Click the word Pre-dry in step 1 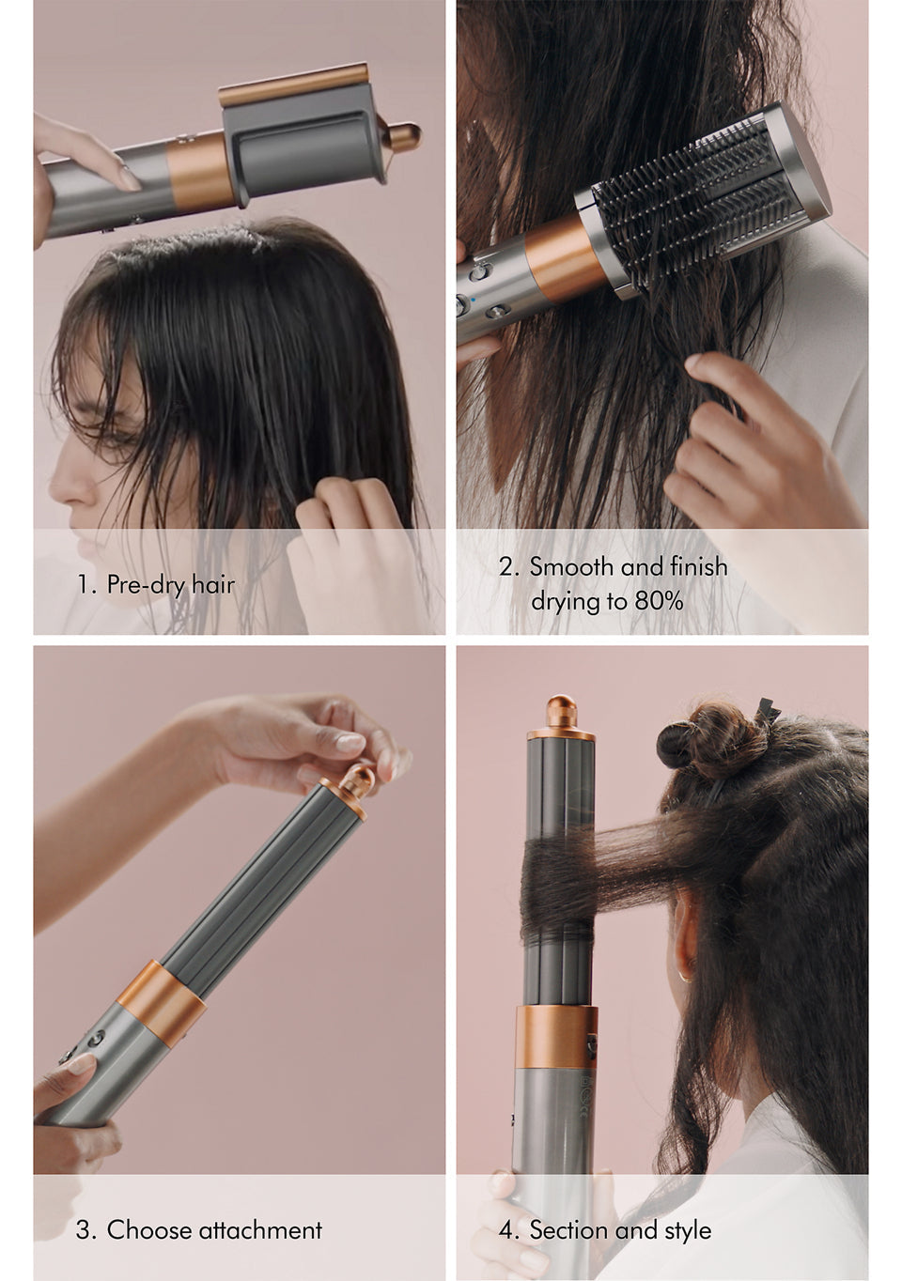coord(146,585)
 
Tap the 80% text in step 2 coord(658,601)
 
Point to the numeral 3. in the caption coord(86,1230)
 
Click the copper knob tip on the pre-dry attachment coord(405,138)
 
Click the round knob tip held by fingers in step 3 coord(359,779)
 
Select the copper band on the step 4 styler coord(556,1037)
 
